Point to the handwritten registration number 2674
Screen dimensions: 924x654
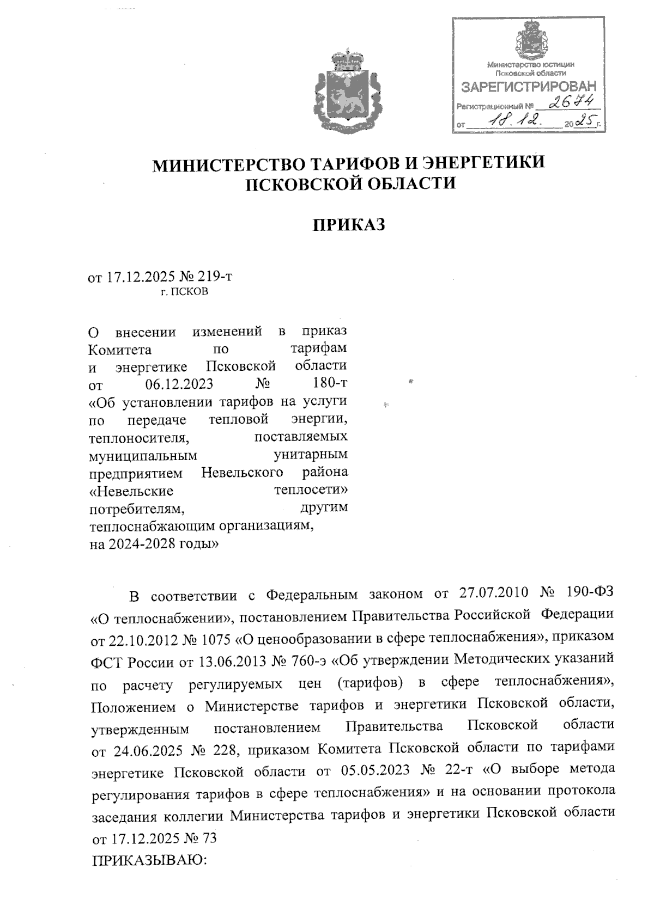click(x=570, y=102)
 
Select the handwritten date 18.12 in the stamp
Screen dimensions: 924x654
click(x=514, y=121)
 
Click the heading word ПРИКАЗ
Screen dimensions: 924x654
click(x=348, y=224)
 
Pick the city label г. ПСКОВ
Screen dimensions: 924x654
click(x=184, y=292)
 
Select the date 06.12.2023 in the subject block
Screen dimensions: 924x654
click(x=179, y=383)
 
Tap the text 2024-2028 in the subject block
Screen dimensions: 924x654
click(x=151, y=543)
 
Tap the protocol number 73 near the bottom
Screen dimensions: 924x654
click(x=209, y=838)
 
